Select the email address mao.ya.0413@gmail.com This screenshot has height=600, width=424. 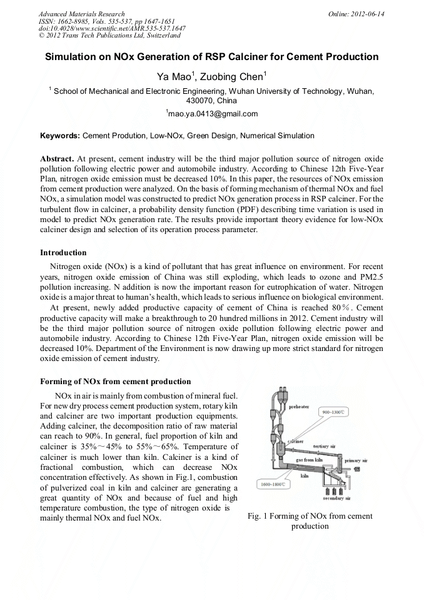pos(212,114)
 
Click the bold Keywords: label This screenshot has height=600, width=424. pos(60,135)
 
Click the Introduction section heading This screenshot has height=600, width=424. pos(63,253)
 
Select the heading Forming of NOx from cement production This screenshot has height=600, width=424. pos(115,381)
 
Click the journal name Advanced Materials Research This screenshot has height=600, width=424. pos(81,14)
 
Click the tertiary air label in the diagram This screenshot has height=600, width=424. pos(325,445)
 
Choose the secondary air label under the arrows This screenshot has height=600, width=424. pos(336,499)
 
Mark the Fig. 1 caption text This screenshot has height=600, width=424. pos(310,521)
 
